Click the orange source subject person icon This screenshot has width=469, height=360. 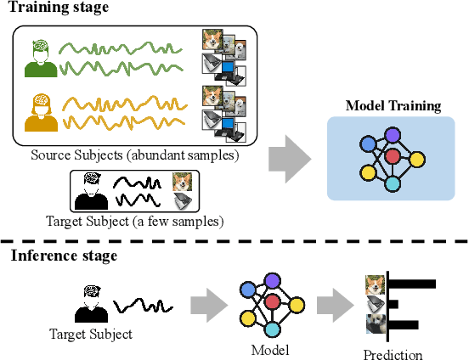38,112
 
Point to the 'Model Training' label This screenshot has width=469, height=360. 393,107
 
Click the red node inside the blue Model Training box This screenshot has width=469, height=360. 392,157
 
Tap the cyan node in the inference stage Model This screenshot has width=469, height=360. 273,329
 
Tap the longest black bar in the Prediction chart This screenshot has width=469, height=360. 413,284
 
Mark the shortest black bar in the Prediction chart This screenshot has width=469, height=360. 394,303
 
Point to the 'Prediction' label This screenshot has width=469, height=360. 393,354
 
